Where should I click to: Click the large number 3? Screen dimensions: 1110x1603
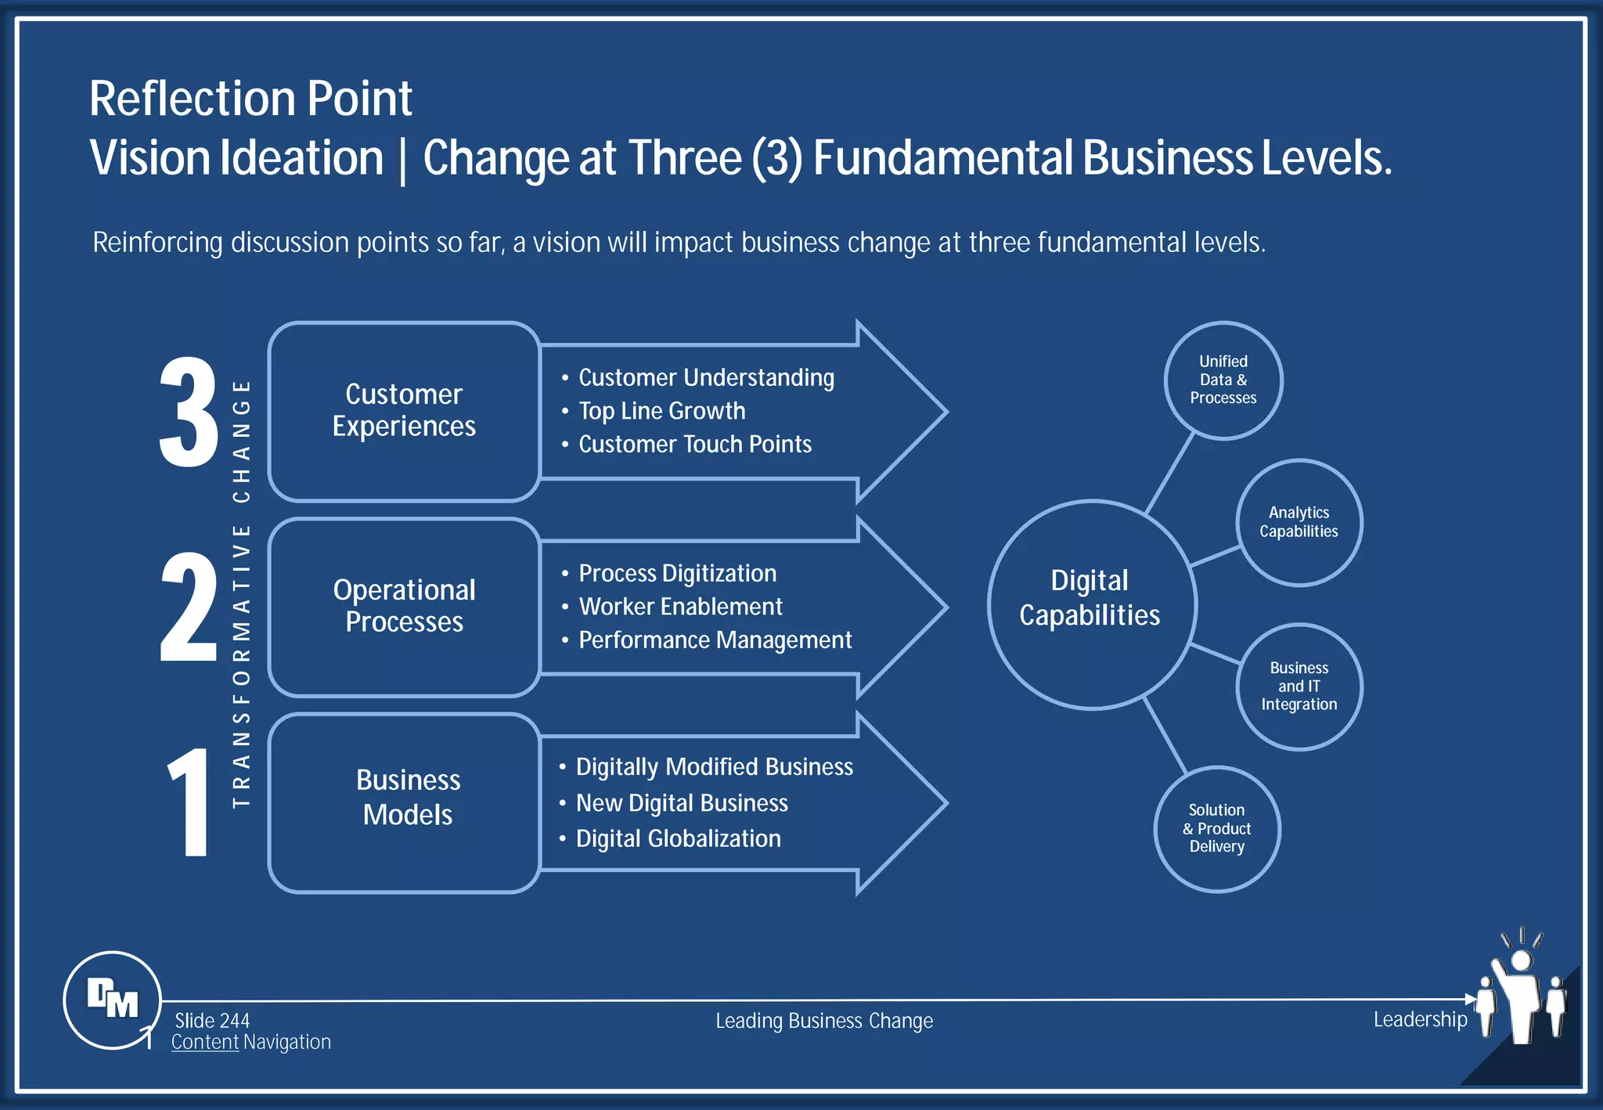pos(189,413)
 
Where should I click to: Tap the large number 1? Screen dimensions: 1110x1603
pos(189,802)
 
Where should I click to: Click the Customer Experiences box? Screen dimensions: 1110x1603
pos(404,411)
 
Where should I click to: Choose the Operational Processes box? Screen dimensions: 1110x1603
pos(404,607)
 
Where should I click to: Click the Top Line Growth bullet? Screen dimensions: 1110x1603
pos(661,411)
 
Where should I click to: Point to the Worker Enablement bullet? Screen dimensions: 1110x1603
pos(680,607)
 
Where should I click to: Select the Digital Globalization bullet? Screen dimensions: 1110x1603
pos(678,839)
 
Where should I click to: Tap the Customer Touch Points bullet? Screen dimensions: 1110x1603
pos(694,445)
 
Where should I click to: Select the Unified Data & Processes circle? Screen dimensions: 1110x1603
pos(1223,380)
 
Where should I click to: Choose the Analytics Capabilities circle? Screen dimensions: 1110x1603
pos(1299,522)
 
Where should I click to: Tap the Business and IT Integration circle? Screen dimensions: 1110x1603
pos(1299,687)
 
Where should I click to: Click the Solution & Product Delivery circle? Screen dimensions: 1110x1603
pos(1216,829)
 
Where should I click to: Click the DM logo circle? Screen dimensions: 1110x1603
pos(112,1000)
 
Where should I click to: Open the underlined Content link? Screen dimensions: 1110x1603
pos(204,1043)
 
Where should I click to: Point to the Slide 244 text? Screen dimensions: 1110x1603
pos(212,1021)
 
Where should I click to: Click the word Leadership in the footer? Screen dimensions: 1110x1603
pos(1420,1019)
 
